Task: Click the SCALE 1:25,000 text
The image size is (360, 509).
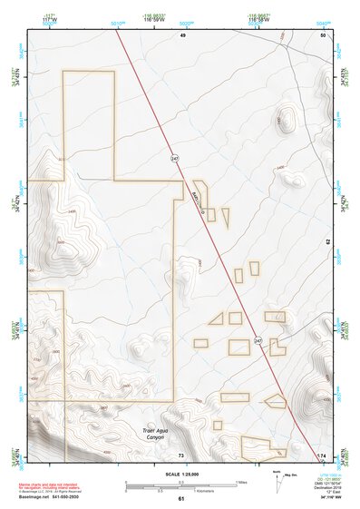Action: pyautogui.click(x=180, y=475)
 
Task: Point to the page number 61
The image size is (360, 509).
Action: pyautogui.click(x=180, y=499)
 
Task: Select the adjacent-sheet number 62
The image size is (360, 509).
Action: pyautogui.click(x=327, y=242)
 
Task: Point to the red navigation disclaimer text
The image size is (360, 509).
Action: pyautogui.click(x=52, y=486)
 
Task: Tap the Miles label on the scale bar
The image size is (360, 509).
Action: pyautogui.click(x=241, y=482)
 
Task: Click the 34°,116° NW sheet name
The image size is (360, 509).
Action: pyautogui.click(x=323, y=498)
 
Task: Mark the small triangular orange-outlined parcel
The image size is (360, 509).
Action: pyautogui.click(x=216, y=318)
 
